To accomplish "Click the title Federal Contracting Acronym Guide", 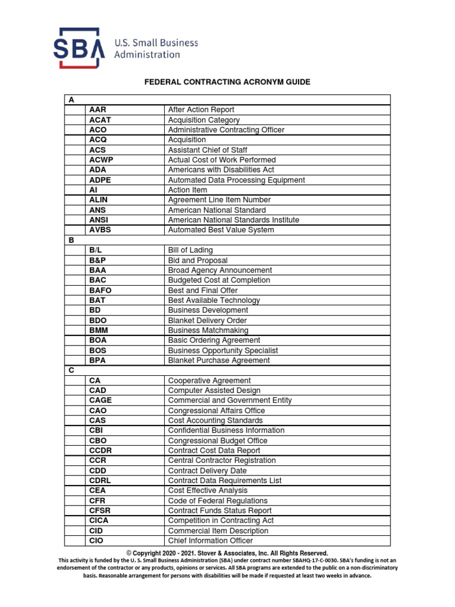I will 227,82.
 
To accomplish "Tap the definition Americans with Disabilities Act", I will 221,170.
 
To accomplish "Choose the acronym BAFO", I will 100,290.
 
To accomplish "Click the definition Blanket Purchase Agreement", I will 219,360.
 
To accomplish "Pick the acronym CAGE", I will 100,400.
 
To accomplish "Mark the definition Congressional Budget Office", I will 217,440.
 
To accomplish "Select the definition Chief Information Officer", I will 210,541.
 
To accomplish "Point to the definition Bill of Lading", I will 190,250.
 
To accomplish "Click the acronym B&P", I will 99,260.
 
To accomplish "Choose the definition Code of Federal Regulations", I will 217,500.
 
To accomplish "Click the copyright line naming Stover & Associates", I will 227,553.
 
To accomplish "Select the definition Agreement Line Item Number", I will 219,200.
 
